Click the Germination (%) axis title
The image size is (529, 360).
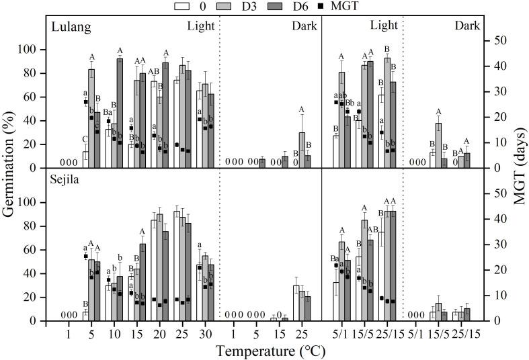(9, 172)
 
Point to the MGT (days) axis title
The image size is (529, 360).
(518, 172)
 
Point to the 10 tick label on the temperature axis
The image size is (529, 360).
(112, 332)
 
